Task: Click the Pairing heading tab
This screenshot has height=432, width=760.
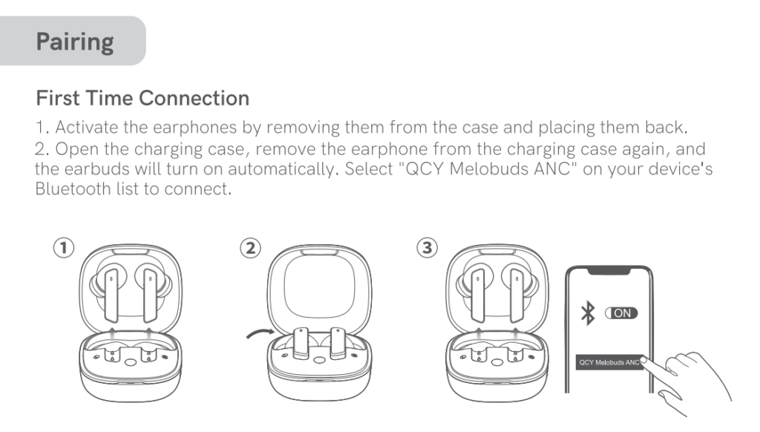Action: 74,42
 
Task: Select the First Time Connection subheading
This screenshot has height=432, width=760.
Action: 142,98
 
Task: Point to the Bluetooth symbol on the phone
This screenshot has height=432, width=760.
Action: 588,313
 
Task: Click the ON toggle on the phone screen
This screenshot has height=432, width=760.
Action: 621,313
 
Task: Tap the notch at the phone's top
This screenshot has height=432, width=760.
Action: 609,271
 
